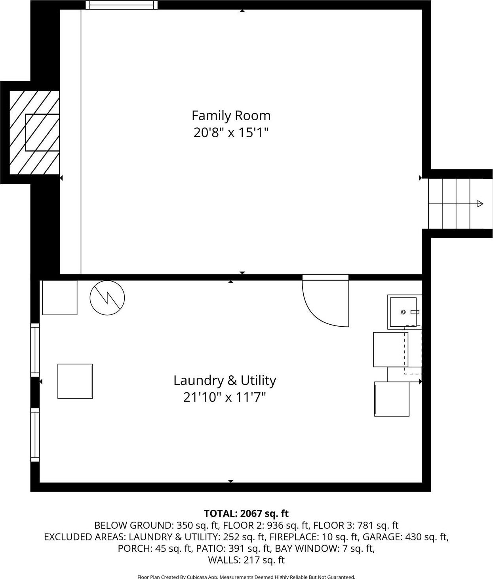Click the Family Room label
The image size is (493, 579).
click(231, 115)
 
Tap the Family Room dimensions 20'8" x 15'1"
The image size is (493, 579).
click(231, 132)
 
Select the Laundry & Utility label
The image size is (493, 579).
click(225, 380)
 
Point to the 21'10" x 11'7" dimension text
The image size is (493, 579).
click(224, 397)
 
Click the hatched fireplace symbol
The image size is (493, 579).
click(34, 132)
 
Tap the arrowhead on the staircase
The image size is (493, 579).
click(480, 204)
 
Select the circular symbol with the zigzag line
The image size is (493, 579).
click(107, 298)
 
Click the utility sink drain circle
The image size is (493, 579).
click(403, 312)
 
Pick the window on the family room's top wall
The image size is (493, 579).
click(122, 5)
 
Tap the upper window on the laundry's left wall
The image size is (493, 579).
click(35, 350)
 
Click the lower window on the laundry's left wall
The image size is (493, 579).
click(35, 435)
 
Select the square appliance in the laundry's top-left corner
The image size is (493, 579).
click(60, 298)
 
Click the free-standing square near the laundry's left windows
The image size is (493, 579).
click(75, 381)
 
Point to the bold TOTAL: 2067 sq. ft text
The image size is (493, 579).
click(246, 513)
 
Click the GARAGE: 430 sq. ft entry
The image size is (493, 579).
click(405, 537)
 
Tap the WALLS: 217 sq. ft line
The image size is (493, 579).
click(246, 560)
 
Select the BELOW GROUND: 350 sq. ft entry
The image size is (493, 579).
click(156, 525)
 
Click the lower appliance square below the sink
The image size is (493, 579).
click(392, 399)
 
